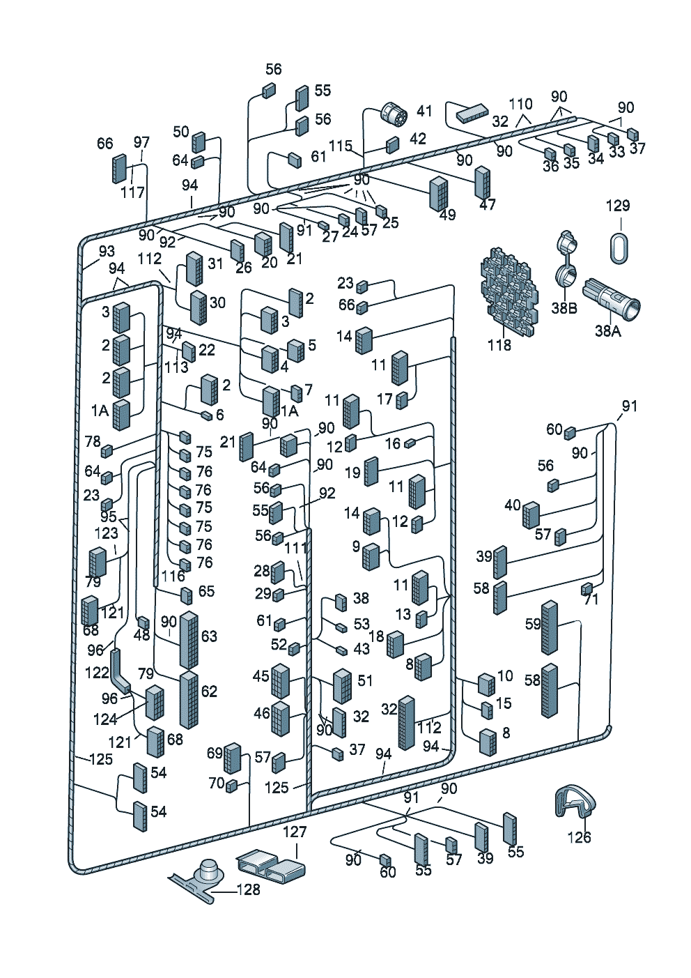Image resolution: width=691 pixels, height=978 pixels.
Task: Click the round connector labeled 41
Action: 394,116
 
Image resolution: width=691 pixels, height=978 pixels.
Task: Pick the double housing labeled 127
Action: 270,865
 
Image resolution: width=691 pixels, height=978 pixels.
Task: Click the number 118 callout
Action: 499,345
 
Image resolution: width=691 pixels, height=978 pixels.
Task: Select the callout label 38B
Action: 564,308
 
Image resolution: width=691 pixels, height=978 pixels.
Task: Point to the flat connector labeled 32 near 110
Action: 473,113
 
